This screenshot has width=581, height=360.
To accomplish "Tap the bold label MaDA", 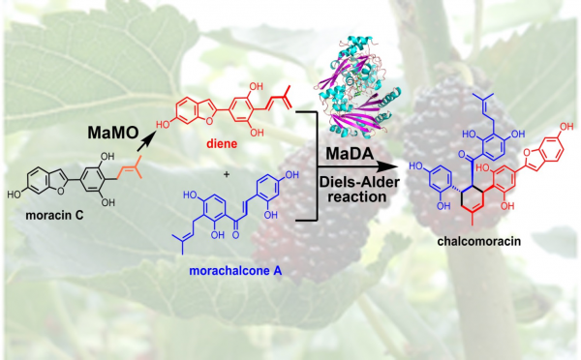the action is click(x=350, y=153).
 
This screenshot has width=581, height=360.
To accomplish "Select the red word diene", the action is click(x=222, y=143).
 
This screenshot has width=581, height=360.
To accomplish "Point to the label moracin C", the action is click(x=54, y=215).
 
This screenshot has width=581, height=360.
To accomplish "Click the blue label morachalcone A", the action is click(x=235, y=271).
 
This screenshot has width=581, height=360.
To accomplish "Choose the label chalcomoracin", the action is click(x=478, y=242).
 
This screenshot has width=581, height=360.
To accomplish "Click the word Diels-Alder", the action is click(x=359, y=182).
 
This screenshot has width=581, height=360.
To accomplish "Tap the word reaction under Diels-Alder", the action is click(x=357, y=196).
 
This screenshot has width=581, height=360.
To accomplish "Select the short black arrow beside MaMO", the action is click(x=146, y=142).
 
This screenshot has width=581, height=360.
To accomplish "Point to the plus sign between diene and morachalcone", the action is click(x=227, y=173).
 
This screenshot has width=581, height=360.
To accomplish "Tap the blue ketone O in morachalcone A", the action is click(x=235, y=235).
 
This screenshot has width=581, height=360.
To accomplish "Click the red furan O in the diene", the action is click(x=210, y=121).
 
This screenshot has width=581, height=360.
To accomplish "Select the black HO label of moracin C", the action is click(x=15, y=195).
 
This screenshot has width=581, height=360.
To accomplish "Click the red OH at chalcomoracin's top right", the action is click(x=566, y=127).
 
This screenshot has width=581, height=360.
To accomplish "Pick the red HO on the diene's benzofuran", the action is click(x=164, y=125).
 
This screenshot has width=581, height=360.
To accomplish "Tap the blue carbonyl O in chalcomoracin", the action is click(x=462, y=154).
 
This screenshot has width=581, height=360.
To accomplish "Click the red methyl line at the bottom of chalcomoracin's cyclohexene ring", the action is click(x=473, y=219).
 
